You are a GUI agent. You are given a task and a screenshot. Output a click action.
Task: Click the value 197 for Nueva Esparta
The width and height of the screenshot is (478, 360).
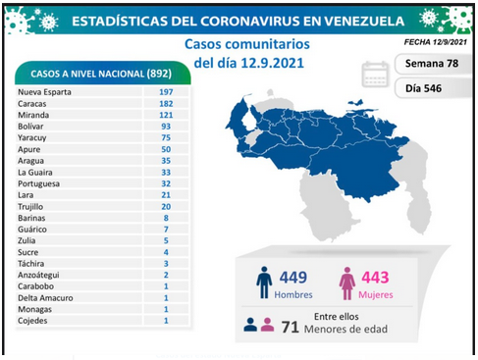click(x=166, y=92)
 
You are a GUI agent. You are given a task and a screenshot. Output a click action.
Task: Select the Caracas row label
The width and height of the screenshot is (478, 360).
click(x=32, y=104)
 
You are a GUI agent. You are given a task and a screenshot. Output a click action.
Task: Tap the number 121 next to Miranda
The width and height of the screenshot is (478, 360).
click(x=166, y=115)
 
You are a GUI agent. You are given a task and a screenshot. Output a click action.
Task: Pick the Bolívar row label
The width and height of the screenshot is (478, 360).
click(x=30, y=127)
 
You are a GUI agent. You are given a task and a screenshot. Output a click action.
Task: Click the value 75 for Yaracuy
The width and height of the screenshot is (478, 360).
click(x=166, y=137)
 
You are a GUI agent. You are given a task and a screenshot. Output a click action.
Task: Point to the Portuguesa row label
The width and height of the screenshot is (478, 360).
click(x=38, y=183)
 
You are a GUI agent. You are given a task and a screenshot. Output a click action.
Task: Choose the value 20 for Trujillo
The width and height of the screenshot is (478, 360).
click(x=166, y=207)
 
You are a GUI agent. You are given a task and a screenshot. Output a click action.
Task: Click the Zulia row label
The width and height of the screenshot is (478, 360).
click(x=27, y=240)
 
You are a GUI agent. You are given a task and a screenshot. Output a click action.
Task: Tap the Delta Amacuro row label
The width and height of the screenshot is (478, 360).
click(x=45, y=298)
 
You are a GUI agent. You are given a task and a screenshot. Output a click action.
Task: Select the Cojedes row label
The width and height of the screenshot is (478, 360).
click(x=32, y=321)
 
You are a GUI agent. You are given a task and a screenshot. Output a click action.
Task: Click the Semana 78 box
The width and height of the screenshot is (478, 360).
click(x=433, y=64)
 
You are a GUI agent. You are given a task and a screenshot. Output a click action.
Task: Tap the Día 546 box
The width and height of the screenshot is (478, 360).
click(x=433, y=88)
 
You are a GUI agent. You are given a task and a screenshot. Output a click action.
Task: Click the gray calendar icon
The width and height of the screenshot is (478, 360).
click(x=375, y=75)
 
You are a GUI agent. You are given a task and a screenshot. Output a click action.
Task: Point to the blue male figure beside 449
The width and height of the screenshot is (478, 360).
click(x=264, y=283)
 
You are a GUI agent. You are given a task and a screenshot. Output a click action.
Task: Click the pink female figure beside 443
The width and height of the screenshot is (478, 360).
click(x=347, y=283)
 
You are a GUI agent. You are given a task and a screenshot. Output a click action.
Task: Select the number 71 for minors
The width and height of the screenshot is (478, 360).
click(x=291, y=327)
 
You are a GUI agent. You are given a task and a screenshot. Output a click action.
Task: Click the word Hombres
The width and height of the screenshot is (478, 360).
click(x=293, y=294)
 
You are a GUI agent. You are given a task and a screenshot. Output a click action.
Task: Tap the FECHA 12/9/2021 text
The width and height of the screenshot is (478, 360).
click(x=436, y=42)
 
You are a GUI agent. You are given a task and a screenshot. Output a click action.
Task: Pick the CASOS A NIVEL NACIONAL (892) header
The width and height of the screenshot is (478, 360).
click(x=101, y=74)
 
